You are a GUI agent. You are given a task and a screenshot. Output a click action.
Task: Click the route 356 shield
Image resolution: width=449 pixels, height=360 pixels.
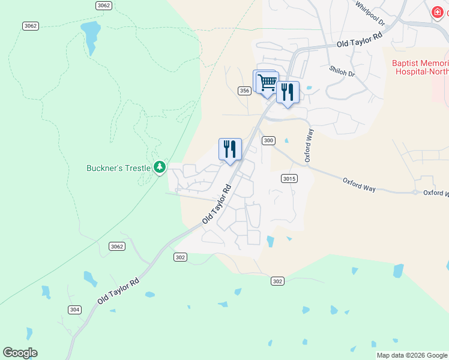coord(244,91)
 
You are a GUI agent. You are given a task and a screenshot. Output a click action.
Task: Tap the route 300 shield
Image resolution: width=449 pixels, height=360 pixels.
coord(268,140)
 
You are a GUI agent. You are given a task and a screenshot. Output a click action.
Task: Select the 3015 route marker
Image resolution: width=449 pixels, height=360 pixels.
coord(288,178)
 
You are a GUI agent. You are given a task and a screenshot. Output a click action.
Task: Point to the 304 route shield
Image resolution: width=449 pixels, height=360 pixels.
coord(74,310)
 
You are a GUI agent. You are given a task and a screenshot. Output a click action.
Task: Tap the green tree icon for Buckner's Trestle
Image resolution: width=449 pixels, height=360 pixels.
coord(160,167)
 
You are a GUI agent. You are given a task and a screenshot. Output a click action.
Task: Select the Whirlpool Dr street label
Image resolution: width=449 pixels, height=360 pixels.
coord(369,13)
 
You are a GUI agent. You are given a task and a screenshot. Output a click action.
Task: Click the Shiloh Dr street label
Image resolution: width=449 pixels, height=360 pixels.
coord(342,71)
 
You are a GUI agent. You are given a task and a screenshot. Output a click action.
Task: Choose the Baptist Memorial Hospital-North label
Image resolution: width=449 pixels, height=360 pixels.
coord(420,67)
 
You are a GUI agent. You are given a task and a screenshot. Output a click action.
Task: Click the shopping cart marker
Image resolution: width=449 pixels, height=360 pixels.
coord(267,81)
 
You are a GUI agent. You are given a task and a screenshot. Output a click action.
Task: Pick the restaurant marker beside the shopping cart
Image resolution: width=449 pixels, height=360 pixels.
coord(288,92)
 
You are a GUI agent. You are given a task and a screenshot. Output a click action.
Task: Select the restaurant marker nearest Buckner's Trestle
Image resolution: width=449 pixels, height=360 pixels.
coord(230,149)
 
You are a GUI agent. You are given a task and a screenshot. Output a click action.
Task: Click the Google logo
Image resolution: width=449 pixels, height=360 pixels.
coord(20,353)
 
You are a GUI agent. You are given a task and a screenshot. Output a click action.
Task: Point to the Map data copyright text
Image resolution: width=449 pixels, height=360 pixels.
coord(412,355)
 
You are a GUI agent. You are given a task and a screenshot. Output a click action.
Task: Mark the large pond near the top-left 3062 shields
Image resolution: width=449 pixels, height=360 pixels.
coord(91,36)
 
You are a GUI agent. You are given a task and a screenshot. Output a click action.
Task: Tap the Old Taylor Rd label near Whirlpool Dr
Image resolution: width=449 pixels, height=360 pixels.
coord(359,41)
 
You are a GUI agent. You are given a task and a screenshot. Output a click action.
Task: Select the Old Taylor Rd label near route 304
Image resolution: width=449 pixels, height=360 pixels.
coord(118,290)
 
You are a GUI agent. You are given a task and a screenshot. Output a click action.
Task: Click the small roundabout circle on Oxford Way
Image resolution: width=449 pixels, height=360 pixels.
coord(414,193)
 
